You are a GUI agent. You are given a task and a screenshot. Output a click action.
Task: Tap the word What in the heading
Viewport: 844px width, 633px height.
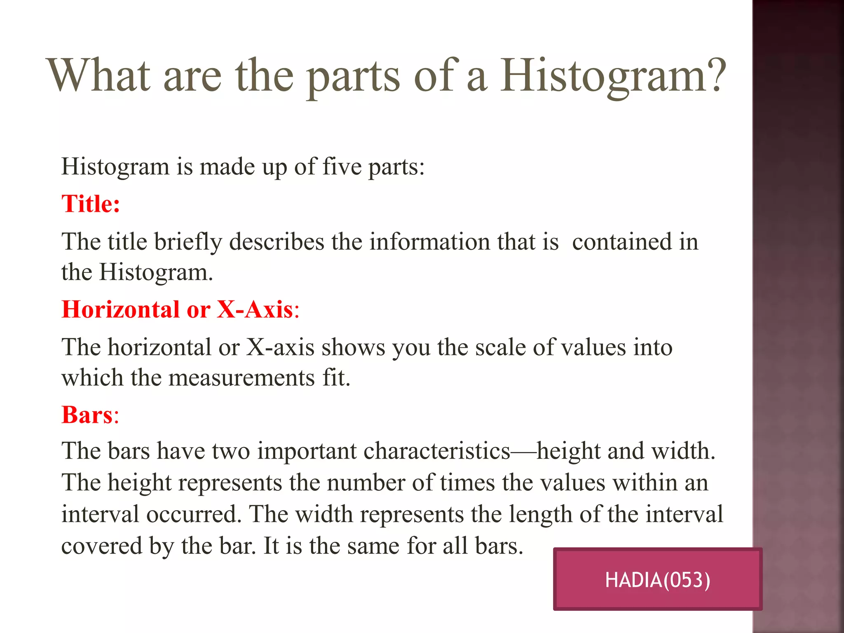pos(99,75)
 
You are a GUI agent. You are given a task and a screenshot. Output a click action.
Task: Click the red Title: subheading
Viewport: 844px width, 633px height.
pos(91,204)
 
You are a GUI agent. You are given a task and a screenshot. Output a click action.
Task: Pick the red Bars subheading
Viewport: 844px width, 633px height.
pos(87,415)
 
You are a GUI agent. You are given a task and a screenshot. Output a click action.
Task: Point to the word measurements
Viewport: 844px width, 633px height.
pos(241,378)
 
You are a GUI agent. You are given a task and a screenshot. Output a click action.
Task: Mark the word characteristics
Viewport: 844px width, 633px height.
pos(437,451)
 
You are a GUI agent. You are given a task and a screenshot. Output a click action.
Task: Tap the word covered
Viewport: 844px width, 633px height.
pos(102,546)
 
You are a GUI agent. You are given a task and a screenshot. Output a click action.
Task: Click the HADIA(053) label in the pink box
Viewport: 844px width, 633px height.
pos(657,580)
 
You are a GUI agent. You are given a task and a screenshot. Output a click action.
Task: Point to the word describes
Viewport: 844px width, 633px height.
pos(277,242)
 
